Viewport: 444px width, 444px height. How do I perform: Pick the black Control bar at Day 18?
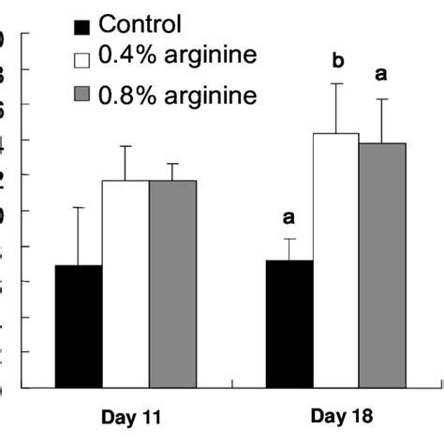pos(289,323)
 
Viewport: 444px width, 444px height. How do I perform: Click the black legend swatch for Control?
pos(82,26)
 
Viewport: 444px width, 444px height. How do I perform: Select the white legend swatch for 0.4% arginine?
pos(82,60)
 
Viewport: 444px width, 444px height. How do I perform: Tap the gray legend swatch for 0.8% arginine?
pos(82,95)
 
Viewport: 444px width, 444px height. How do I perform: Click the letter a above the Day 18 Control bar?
pos(289,217)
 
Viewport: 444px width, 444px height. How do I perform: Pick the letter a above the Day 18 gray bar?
pos(381,74)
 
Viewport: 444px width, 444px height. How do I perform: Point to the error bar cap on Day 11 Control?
pos(79,208)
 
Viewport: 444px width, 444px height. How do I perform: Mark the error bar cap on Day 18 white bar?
pos(336,84)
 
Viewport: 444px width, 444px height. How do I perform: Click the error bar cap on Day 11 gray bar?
pos(172,164)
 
